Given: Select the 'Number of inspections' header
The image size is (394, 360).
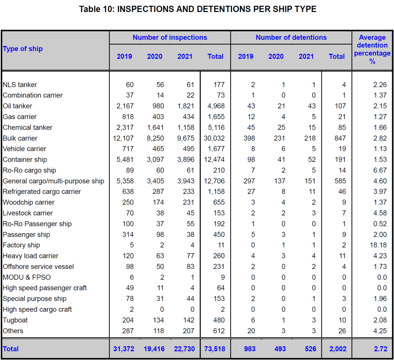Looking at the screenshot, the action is coord(170,38).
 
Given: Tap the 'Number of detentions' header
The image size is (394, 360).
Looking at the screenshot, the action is coord(291,38).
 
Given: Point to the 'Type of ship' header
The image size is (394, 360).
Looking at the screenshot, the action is coord(23,49).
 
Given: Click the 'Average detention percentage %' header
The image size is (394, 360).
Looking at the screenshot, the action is coord(372,49).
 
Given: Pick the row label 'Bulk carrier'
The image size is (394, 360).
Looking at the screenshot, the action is coord(20,138).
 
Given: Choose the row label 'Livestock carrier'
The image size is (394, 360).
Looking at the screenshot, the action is coord(28,213).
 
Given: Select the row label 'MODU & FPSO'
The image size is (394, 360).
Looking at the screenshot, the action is coord(27,277).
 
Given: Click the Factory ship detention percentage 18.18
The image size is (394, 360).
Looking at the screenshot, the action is coord(378,245).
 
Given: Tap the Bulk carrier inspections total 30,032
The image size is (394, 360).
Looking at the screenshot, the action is coord(214,138).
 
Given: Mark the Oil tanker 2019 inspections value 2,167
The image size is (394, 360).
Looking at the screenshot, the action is coord(125,106).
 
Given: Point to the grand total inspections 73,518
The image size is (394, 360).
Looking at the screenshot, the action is coord(215,349).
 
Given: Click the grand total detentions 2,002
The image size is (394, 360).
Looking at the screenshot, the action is coord(338,349).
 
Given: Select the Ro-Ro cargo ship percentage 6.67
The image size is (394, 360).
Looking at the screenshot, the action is coord(380,171).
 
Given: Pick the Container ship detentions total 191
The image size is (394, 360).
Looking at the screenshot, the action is coord(340,160).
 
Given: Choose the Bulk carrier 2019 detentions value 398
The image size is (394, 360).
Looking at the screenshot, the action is coord(249,138).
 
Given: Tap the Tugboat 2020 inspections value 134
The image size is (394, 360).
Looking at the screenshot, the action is coord(158,320).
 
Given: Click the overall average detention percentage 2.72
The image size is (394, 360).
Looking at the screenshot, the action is coord(381,349).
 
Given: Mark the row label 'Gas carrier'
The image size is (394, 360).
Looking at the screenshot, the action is coord(20,117).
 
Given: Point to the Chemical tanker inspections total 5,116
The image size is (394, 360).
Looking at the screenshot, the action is coord(216,128).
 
